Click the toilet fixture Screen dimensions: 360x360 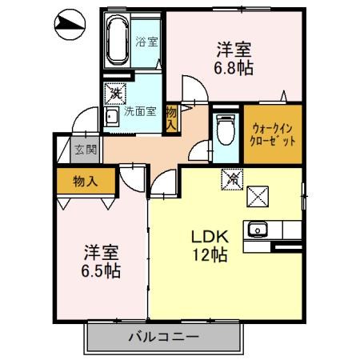tap(226, 128)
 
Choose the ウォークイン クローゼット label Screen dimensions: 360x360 tap(274, 134)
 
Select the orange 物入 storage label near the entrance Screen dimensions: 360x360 tap(85, 181)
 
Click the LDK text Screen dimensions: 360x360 tap(210, 237)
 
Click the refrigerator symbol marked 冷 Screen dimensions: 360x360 tap(230, 180)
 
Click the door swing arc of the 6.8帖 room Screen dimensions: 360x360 tap(192, 92)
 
